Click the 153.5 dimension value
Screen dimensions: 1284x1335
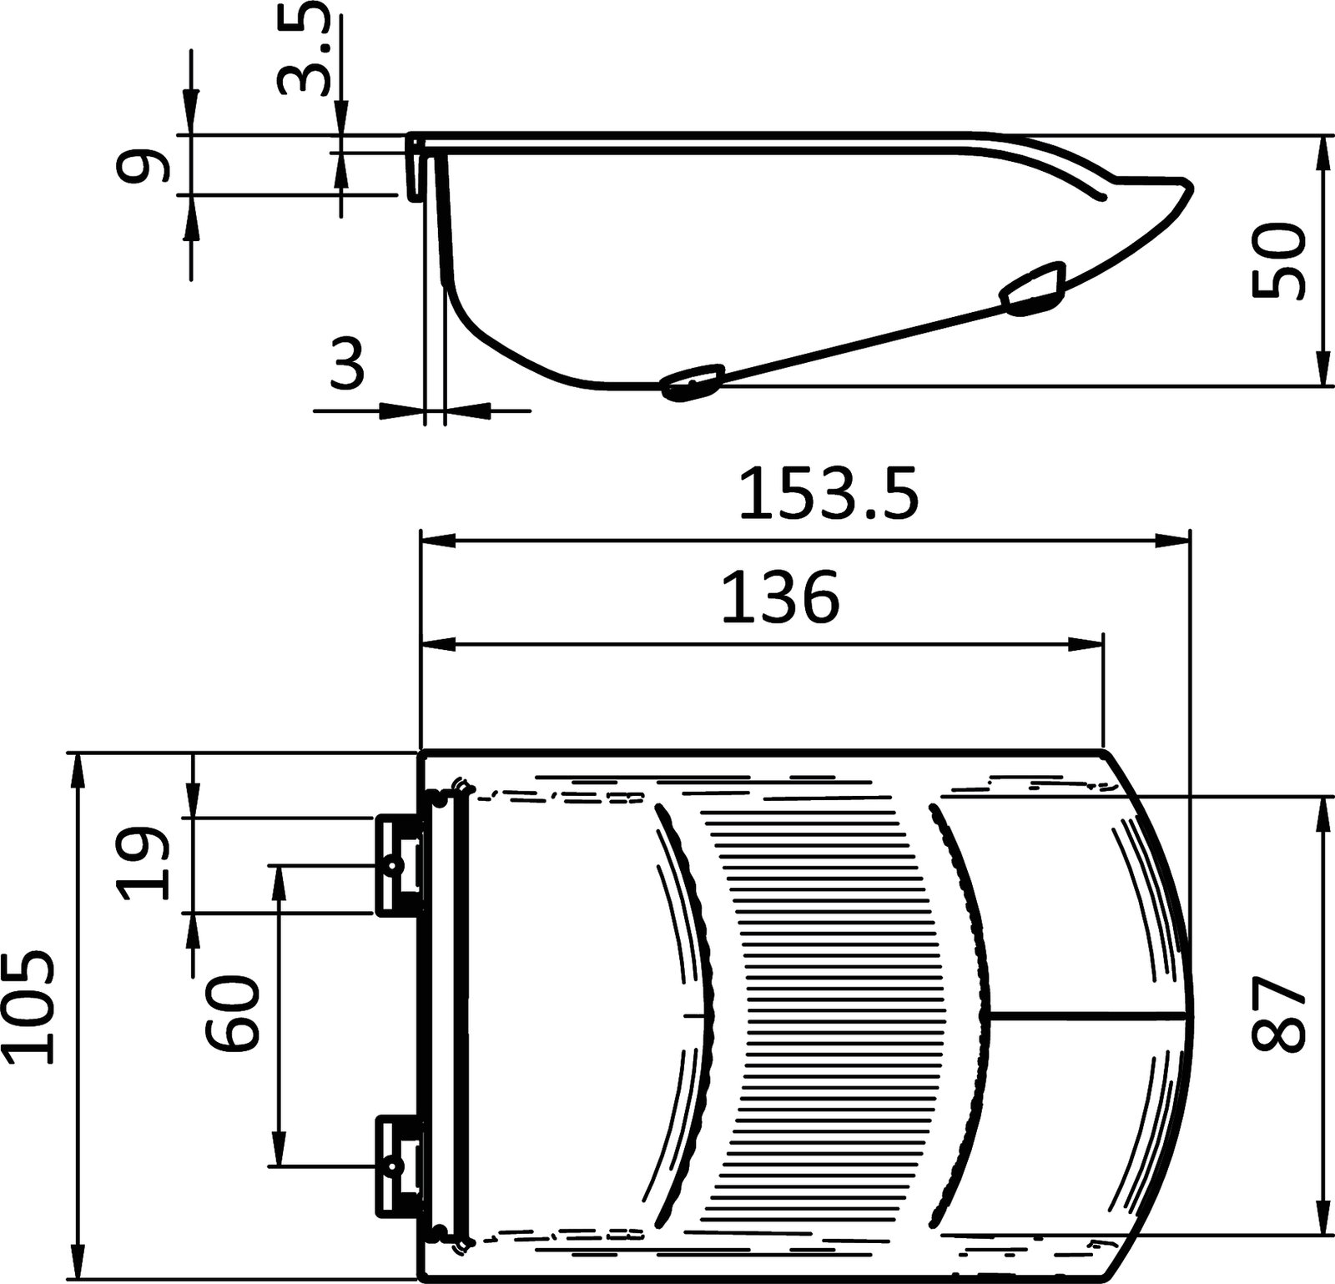click(x=829, y=495)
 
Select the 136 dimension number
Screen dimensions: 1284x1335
click(x=779, y=597)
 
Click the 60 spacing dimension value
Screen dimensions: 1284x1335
click(x=234, y=1014)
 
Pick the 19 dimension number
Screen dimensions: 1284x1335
click(x=144, y=864)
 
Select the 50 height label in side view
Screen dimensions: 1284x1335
click(x=1277, y=259)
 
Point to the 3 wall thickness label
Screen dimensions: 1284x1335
click(x=347, y=365)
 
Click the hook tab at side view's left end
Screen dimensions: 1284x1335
click(x=414, y=167)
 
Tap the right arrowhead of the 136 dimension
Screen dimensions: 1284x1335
click(x=1090, y=643)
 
